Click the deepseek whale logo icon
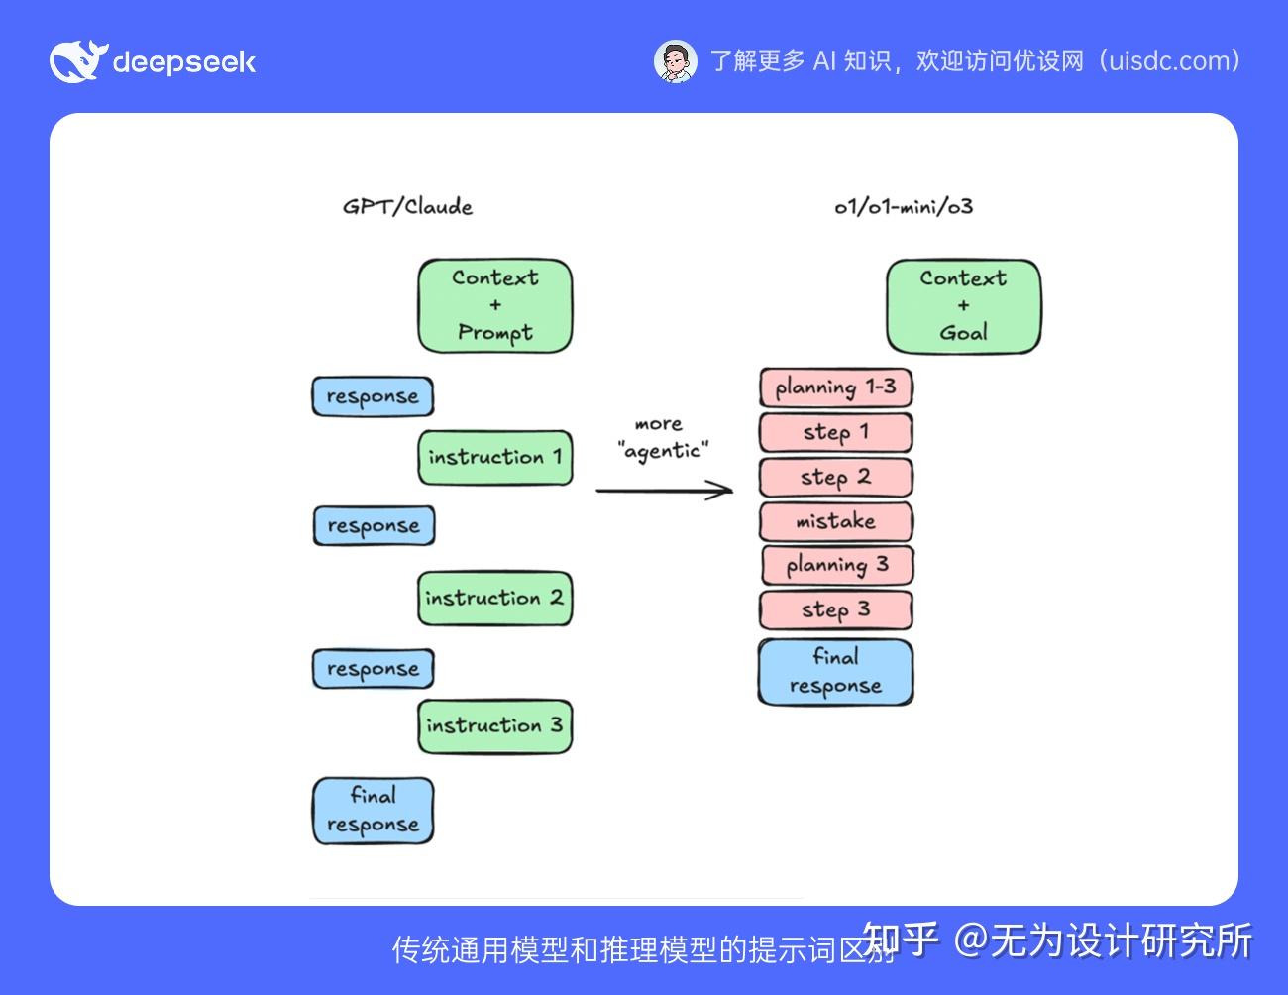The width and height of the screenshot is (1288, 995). (75, 61)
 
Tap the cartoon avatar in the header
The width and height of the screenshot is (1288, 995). (676, 61)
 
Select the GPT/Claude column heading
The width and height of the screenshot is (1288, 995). (407, 207)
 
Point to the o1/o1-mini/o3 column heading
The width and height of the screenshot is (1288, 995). (904, 207)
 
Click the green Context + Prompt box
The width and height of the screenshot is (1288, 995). (494, 306)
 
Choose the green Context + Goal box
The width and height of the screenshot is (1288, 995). (963, 306)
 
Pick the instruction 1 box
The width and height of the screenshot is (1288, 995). (494, 457)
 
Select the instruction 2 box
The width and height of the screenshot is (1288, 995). (494, 598)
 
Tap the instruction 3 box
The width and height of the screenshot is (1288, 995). (494, 725)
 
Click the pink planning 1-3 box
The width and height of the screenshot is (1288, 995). (835, 387)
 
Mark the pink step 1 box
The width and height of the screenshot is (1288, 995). (835, 433)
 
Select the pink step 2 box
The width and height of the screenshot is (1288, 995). (835, 477)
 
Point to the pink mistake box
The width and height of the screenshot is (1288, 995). (835, 521)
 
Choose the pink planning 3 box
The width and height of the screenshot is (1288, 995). (836, 565)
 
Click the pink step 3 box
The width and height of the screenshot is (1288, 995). (835, 609)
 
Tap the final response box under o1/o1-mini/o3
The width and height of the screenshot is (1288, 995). (835, 672)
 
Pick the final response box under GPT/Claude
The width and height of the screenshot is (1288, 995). (373, 811)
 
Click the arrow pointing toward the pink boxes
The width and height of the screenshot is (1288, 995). (664, 490)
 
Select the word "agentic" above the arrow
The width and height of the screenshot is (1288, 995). (663, 451)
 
